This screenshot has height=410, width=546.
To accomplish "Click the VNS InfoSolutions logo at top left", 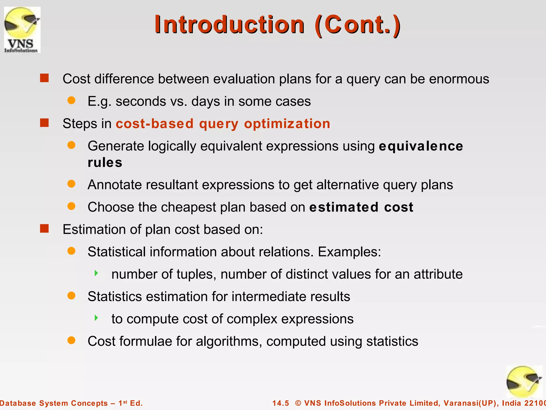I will (22, 30).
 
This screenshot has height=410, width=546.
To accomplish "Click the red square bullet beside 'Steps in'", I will (44, 123).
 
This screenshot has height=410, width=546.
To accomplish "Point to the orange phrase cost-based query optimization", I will (223, 124).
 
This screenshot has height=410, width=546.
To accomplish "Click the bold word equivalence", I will (421, 146).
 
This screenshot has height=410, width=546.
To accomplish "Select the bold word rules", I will (105, 163).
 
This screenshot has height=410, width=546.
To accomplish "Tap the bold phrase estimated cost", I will (361, 207).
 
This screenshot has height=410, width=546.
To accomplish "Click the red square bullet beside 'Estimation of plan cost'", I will (44, 228).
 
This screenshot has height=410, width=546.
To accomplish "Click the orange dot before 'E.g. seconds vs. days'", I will (71, 100).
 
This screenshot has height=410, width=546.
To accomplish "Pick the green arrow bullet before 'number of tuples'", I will (97, 273).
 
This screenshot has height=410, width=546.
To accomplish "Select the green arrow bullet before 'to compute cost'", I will (97, 318).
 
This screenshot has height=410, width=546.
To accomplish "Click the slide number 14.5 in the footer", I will (280, 403).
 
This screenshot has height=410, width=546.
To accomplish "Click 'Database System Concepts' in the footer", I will (54, 403).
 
